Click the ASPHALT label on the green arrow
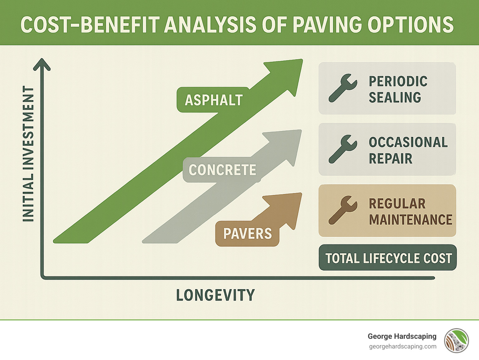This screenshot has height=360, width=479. click(214, 100)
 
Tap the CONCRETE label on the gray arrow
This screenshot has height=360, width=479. click(222, 170)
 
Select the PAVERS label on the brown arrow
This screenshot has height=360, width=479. click(247, 234)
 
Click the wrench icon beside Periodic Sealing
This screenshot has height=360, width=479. click(343, 88)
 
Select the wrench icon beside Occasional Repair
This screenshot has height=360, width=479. click(343, 149)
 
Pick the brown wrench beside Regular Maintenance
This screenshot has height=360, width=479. click(343, 210)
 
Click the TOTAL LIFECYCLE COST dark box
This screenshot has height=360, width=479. click(388, 258)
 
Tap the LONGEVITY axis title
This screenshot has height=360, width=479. click(215, 295)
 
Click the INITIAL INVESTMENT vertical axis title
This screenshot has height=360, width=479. click(28, 154)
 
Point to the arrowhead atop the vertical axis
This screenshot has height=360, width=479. click(42, 64)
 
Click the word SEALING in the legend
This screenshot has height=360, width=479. click(395, 98)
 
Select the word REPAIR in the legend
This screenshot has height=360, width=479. click(390, 158)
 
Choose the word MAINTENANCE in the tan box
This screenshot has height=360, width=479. click(410, 220)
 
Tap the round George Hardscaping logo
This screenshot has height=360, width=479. click(457, 341)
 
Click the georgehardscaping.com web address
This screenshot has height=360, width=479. click(403, 347)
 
